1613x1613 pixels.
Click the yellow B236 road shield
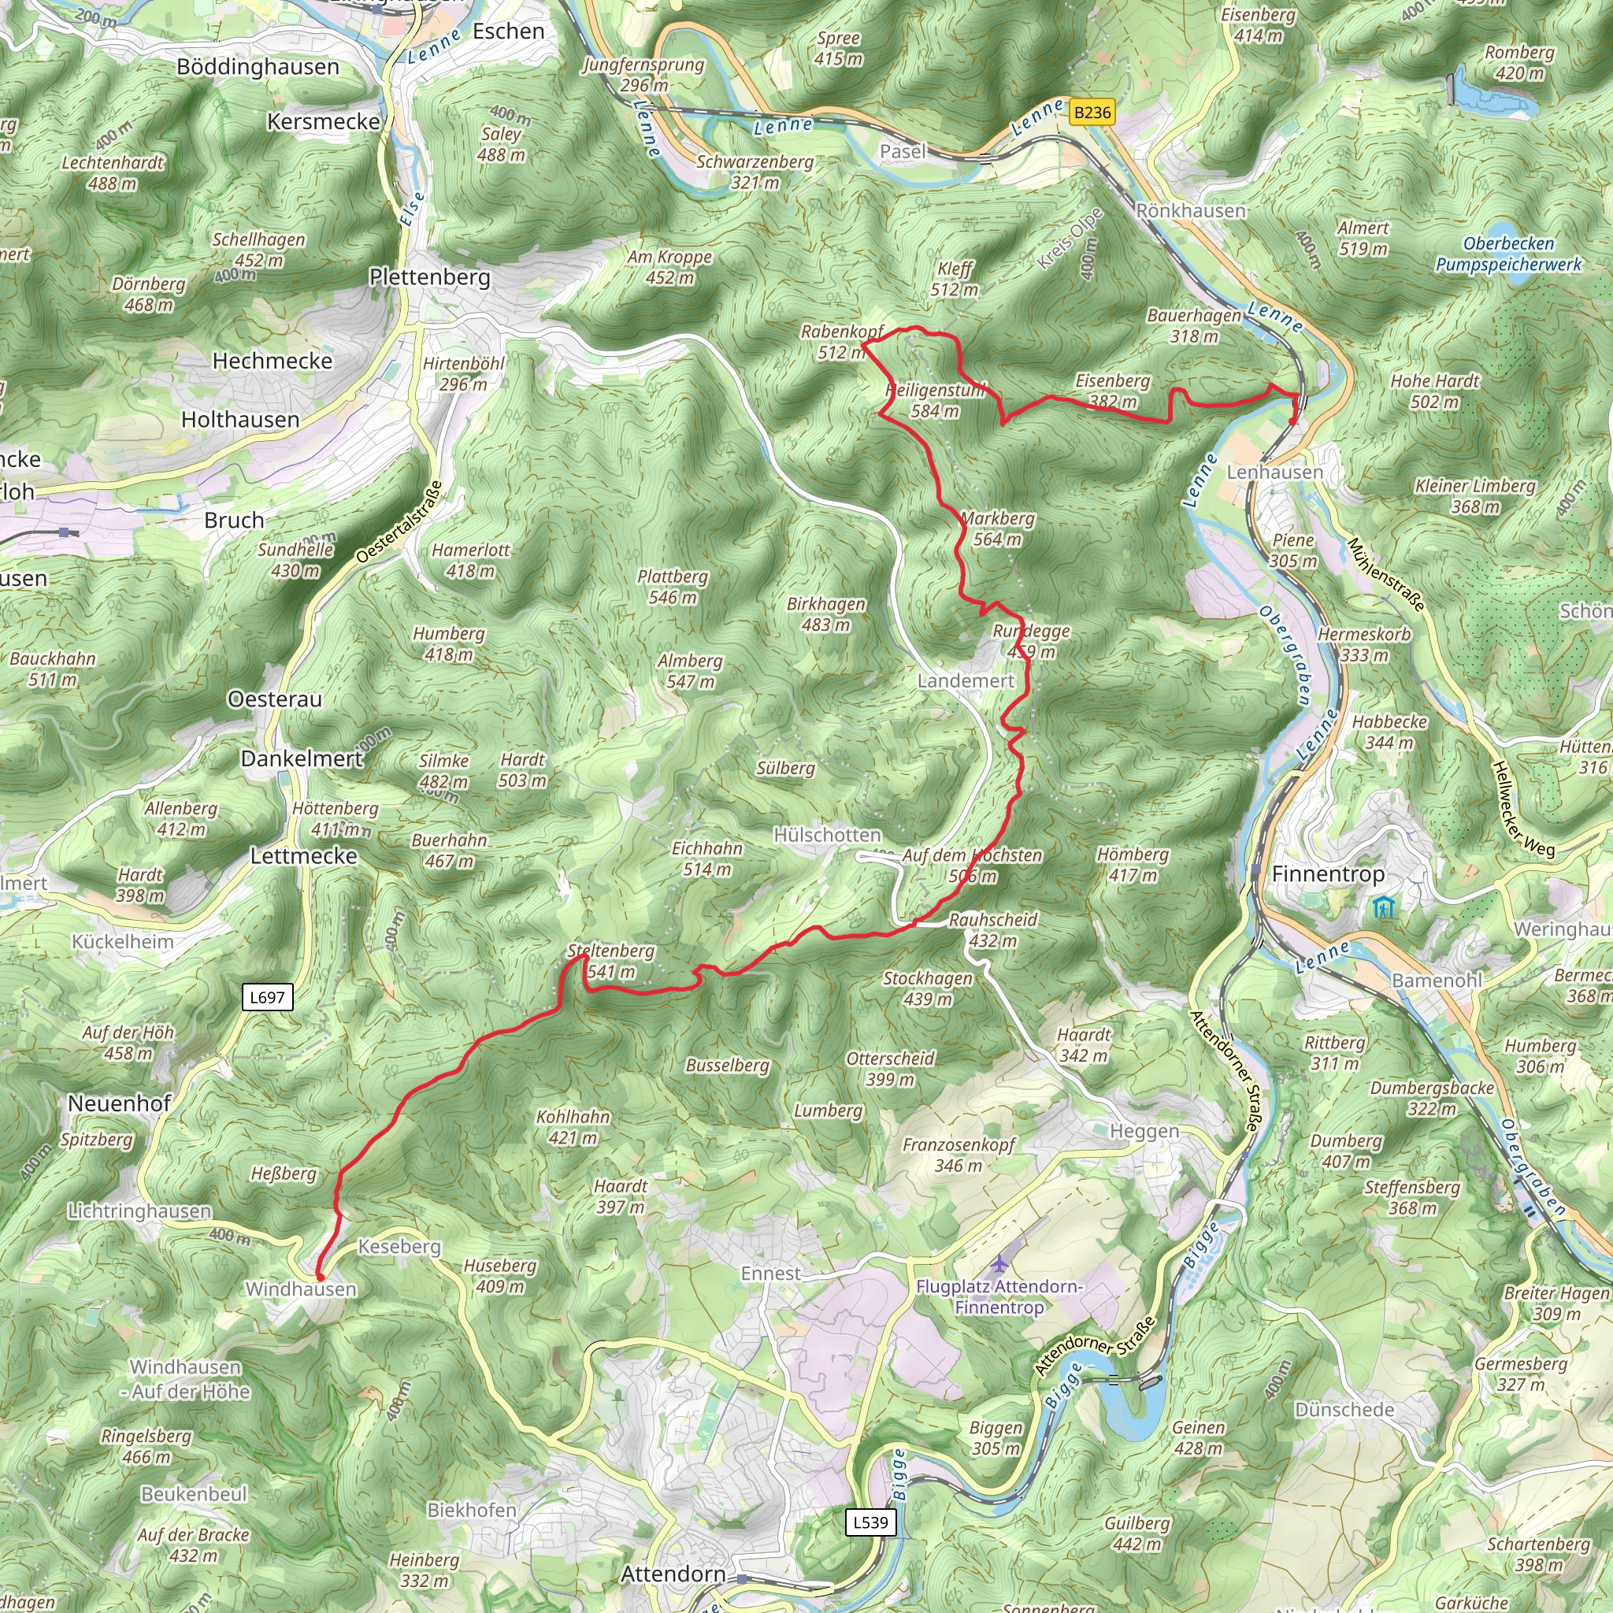(1092, 113)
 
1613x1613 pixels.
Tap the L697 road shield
(267, 997)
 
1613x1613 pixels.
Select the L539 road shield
(871, 1522)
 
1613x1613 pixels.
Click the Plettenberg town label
(430, 277)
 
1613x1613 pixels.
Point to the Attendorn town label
(673, 1574)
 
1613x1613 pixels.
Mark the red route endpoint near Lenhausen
(1292, 421)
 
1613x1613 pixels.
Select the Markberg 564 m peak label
(998, 528)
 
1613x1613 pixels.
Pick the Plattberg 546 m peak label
(672, 586)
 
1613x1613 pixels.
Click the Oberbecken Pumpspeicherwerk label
(1507, 254)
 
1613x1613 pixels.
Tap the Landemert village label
(966, 680)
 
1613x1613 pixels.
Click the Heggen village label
(1144, 1131)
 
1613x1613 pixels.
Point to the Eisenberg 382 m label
(1113, 390)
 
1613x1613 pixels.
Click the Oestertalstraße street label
(399, 522)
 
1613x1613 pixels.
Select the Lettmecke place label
(304, 856)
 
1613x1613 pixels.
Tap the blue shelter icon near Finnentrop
(1385, 907)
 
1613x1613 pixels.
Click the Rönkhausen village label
(1191, 211)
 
